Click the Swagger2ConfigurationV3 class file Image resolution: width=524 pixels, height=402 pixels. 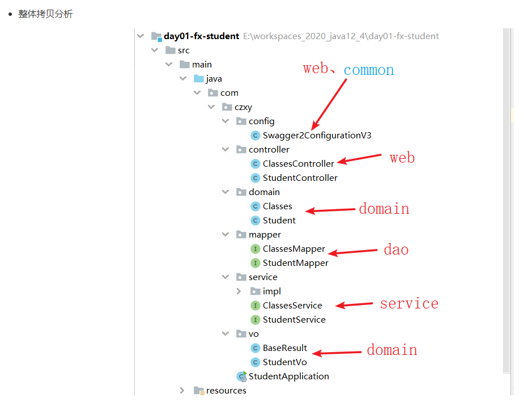click(x=317, y=136)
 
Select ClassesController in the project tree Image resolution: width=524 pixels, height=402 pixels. click(x=298, y=164)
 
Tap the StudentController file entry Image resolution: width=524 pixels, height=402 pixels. click(x=300, y=178)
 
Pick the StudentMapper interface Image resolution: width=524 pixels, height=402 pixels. click(x=295, y=263)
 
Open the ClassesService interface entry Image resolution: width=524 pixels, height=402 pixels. click(x=292, y=306)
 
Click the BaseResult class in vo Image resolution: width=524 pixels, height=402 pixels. click(x=284, y=348)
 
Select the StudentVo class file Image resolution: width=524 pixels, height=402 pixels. click(x=284, y=362)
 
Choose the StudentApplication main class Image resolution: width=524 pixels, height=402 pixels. click(x=288, y=376)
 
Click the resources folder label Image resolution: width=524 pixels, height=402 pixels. click(x=226, y=391)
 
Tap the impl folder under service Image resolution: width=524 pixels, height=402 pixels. click(x=272, y=291)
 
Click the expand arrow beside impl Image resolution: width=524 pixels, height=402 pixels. click(x=238, y=291)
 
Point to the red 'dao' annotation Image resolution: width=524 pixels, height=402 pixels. click(x=396, y=249)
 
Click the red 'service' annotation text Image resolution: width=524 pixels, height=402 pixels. click(x=409, y=304)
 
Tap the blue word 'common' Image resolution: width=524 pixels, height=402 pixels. click(x=369, y=70)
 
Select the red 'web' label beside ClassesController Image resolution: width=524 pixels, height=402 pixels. click(x=402, y=158)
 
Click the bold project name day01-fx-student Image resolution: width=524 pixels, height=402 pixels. click(x=201, y=36)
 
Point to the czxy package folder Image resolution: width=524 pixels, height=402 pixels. click(x=243, y=107)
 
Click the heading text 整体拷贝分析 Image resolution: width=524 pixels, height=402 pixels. click(x=45, y=14)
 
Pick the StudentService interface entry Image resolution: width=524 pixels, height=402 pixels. click(x=294, y=320)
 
